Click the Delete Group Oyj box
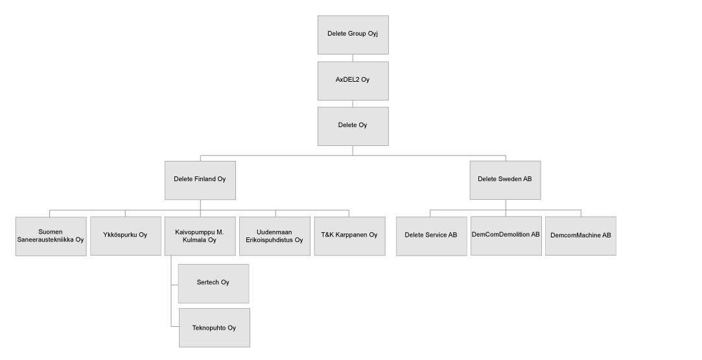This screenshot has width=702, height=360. point(353,35)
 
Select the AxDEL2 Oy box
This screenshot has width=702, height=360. point(353,81)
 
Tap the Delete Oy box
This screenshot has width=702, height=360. point(353,126)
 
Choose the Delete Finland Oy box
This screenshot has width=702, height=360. point(200,180)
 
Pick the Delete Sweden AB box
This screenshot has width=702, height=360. point(506,180)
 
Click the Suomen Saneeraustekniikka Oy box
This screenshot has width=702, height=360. point(51,236)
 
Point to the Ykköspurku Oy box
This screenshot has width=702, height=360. point(126,236)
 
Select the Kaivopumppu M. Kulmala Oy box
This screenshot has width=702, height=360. point(200,236)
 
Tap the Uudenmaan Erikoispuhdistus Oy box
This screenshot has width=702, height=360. point(275,236)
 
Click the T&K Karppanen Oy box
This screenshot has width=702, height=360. point(349,236)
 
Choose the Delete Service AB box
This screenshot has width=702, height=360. point(432,236)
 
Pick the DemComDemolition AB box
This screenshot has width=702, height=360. point(506,236)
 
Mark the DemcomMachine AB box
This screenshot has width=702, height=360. point(581,236)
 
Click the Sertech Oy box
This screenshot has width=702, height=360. point(213,284)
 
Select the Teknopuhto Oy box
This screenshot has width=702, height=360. point(215,328)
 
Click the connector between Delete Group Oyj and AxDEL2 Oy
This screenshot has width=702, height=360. point(353,58)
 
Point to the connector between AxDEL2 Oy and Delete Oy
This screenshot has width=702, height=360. point(353,104)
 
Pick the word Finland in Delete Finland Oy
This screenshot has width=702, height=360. point(205,179)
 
